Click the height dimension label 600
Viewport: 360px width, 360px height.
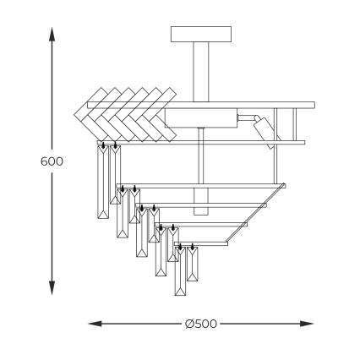[52, 161]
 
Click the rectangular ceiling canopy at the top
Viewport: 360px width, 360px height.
[200, 34]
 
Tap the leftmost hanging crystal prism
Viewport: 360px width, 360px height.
[105, 182]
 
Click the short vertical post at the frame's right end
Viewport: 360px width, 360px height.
[295, 124]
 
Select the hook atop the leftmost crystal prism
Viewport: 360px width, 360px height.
[103, 146]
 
